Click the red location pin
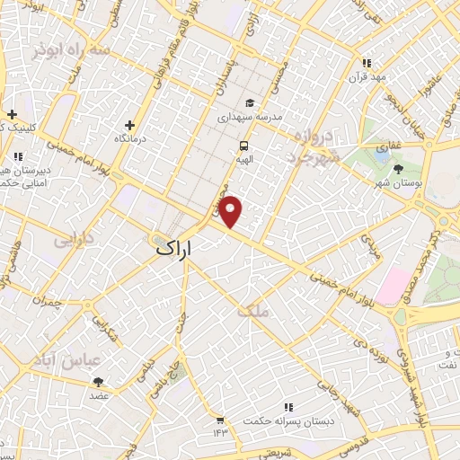click(232, 211)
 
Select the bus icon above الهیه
click(243, 146)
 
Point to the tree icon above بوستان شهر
click(398, 168)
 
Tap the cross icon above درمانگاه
click(130, 125)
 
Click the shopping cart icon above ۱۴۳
click(220, 418)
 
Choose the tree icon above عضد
click(98, 382)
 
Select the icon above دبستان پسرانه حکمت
click(288, 406)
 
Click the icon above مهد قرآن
click(366, 63)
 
